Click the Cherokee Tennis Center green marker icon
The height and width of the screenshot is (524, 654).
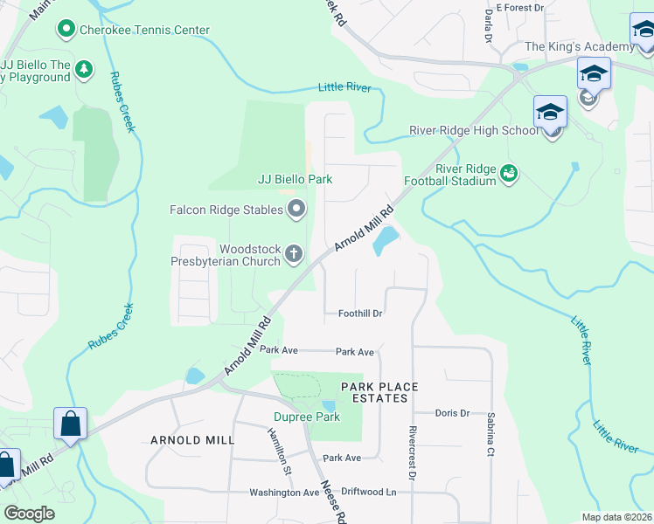click(x=66, y=30)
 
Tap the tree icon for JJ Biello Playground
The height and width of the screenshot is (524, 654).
click(x=84, y=68)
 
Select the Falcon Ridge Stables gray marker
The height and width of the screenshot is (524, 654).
click(x=297, y=210)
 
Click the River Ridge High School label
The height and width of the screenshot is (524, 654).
click(x=474, y=131)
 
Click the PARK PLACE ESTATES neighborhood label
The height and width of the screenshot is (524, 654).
click(x=379, y=392)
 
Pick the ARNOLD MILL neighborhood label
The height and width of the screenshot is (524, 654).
click(x=192, y=440)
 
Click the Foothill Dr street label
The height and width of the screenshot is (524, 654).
click(x=361, y=314)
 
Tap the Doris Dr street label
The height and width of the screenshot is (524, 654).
click(x=453, y=413)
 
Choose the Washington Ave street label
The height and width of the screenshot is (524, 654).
click(x=284, y=493)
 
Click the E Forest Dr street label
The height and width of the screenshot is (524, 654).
click(x=519, y=7)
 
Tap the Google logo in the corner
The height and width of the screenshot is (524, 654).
click(x=30, y=514)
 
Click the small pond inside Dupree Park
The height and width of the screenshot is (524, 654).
click(x=328, y=406)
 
